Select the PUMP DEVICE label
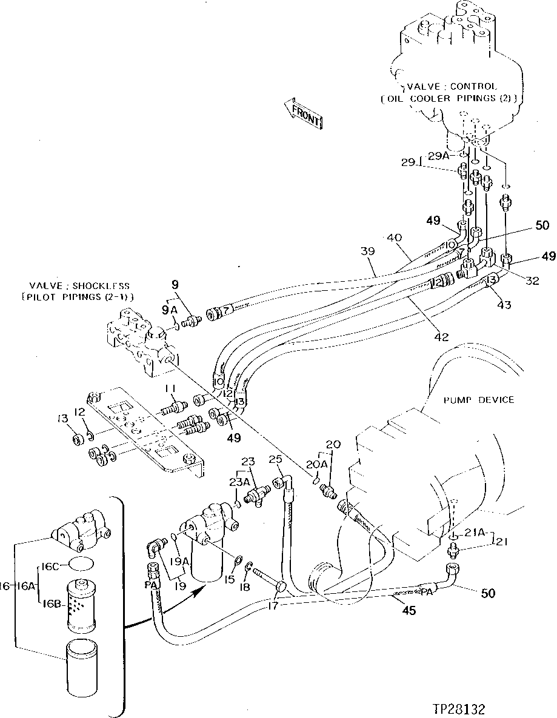(x=478, y=399)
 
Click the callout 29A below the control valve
(x=438, y=156)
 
